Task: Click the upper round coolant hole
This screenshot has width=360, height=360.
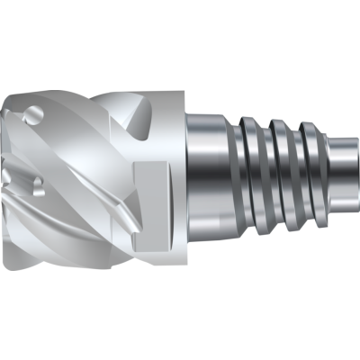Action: (34, 114)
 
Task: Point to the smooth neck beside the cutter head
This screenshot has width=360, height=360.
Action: (205, 180)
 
